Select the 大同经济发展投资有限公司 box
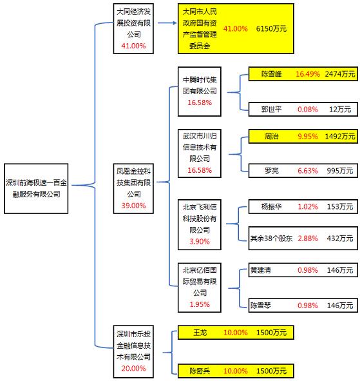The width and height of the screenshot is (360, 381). (133, 28)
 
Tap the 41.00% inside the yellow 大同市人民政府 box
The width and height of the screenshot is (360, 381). (236, 29)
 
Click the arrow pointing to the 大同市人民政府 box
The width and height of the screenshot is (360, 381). (166, 24)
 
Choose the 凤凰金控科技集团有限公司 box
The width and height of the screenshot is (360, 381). (133, 188)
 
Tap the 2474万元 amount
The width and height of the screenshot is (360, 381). (340, 74)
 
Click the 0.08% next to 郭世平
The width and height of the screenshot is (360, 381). (307, 109)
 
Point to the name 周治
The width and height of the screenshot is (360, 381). (272, 136)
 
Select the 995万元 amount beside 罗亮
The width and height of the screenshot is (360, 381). (339, 171)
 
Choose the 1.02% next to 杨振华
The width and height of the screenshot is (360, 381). (307, 207)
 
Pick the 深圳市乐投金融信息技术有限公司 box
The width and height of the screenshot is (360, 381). (133, 351)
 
